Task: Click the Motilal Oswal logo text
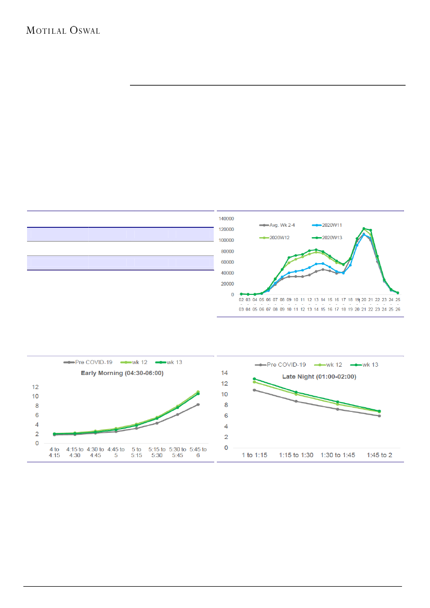click(63, 30)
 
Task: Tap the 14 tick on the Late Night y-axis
click(225, 373)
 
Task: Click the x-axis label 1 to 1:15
click(254, 455)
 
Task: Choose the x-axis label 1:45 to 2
click(379, 455)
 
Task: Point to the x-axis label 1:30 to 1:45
click(337, 455)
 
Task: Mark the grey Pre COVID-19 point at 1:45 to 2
click(379, 416)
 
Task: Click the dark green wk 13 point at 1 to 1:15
click(254, 379)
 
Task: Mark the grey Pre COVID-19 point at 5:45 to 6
click(198, 404)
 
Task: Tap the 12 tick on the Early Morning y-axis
click(35, 387)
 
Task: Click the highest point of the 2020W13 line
click(364, 228)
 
